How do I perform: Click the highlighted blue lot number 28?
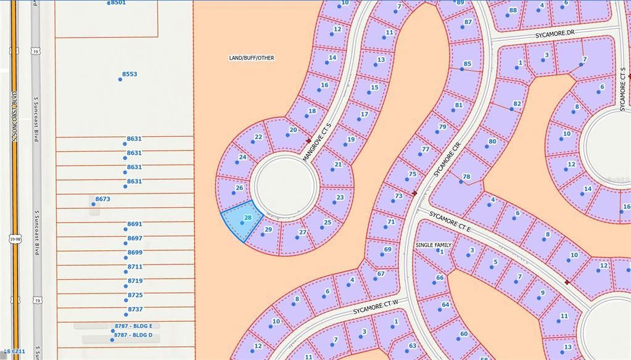click(248, 218)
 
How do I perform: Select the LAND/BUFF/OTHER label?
click(252, 58)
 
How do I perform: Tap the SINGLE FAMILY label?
click(433, 245)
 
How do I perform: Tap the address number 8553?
click(130, 74)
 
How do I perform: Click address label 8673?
click(102, 199)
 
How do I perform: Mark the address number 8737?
click(135, 309)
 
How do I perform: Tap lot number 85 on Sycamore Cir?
click(468, 64)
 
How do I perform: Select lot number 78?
click(466, 177)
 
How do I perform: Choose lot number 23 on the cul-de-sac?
click(340, 197)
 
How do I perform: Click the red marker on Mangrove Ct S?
click(308, 141)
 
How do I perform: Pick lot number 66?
click(440, 277)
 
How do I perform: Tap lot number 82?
click(517, 104)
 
